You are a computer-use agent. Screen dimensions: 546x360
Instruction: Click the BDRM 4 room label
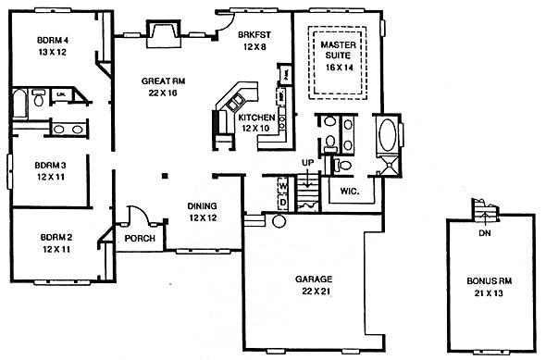coord(53,40)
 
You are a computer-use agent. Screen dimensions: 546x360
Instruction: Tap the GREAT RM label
coord(163,81)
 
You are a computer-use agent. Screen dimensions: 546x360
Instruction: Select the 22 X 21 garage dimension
coord(316,292)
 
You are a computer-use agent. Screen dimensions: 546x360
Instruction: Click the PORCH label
coord(140,239)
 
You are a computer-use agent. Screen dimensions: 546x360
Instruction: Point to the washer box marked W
coord(283,187)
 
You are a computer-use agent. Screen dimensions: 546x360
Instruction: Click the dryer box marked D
coord(283,203)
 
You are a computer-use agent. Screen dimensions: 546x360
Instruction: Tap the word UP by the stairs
coord(307,163)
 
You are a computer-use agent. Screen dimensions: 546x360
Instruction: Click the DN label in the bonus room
coord(485,233)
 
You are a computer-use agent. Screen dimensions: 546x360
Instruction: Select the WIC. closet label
coord(350,192)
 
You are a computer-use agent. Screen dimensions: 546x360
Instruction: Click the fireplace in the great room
coord(164,34)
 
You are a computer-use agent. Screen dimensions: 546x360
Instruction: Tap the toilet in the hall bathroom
coord(38,98)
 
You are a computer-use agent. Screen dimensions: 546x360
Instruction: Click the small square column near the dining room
coord(165,176)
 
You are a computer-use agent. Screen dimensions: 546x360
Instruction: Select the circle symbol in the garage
coord(279,221)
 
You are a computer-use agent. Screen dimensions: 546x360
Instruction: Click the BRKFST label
coord(254,35)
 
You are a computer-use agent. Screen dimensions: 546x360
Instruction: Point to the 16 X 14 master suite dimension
coord(339,68)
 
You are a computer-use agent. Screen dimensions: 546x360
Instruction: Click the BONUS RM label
coord(490,281)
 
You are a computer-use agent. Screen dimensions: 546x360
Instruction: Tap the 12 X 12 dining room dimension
coord(203,218)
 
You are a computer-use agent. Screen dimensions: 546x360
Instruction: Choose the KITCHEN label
coord(256,118)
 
